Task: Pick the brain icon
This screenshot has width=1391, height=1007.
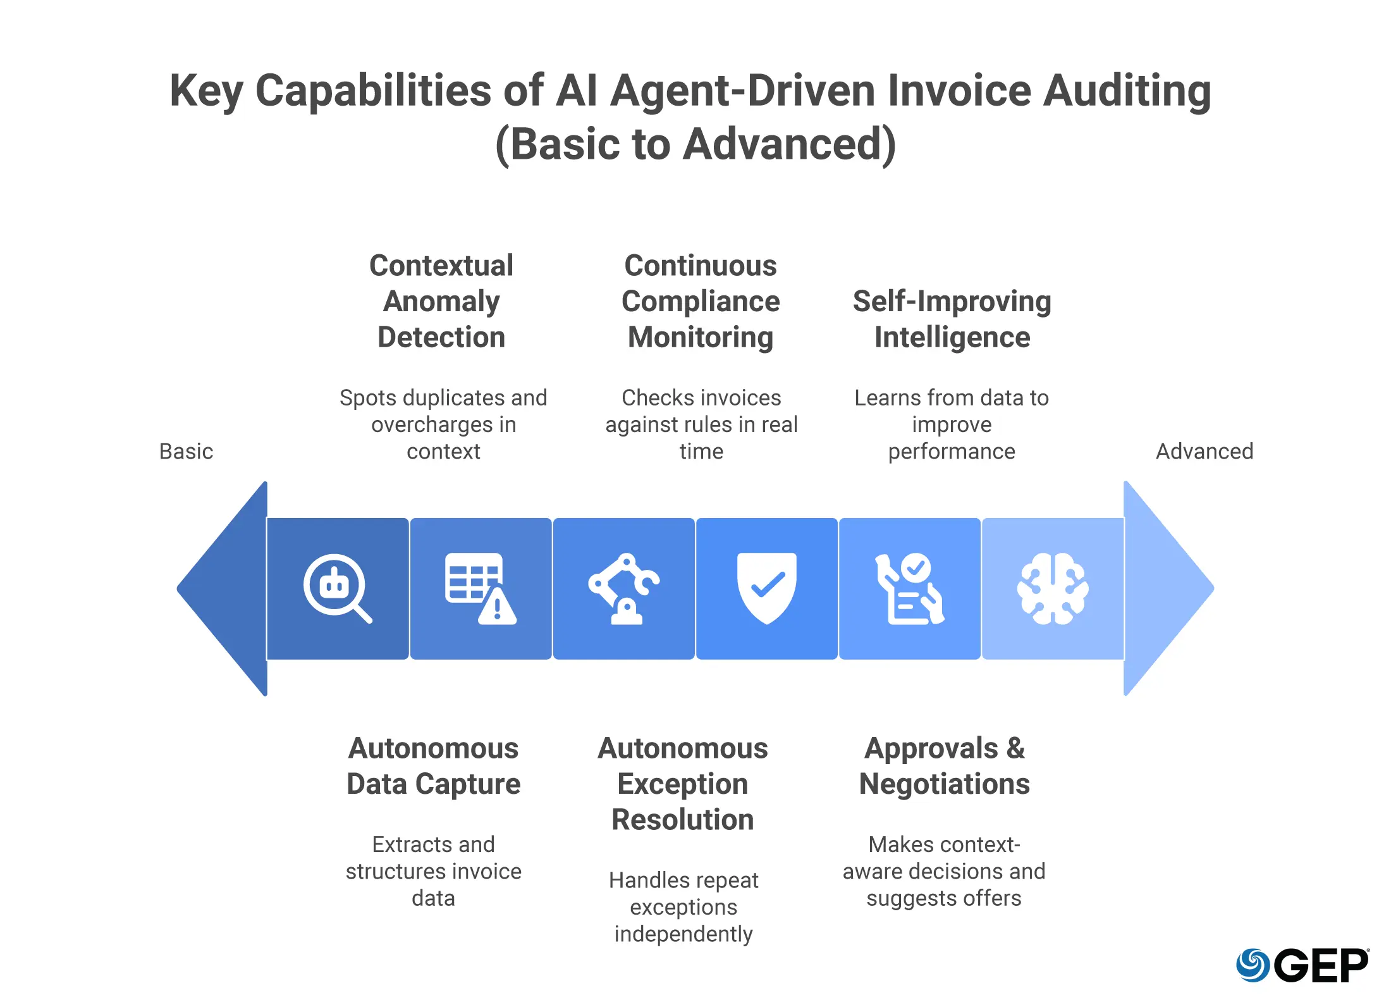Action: (x=1053, y=588)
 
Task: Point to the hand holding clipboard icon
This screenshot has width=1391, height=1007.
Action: (x=910, y=588)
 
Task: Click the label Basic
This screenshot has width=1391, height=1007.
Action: (x=186, y=452)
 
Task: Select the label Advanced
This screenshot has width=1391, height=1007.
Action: (x=1204, y=452)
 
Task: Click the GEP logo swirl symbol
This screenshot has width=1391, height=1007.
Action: (x=1253, y=965)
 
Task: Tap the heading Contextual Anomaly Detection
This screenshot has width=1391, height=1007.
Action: (x=441, y=301)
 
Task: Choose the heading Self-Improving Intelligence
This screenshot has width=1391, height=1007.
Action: (x=952, y=319)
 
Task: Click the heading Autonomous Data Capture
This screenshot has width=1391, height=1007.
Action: (x=434, y=766)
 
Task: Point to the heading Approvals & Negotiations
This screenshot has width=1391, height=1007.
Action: (x=945, y=766)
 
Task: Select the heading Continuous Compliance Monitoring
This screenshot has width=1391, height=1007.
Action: (x=701, y=301)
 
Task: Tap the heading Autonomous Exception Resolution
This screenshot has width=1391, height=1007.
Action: (x=683, y=784)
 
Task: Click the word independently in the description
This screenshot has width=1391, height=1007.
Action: (x=683, y=934)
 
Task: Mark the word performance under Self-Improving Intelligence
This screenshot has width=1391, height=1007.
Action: (x=952, y=452)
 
